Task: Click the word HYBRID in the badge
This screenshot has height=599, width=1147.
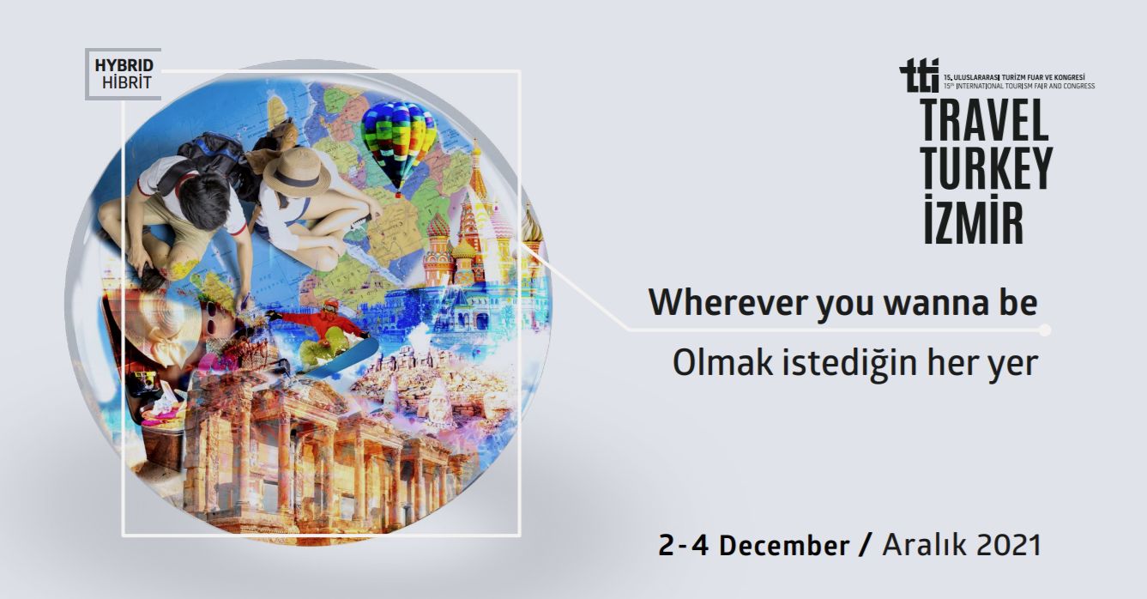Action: [x=124, y=65]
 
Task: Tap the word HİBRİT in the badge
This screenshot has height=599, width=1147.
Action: [x=126, y=82]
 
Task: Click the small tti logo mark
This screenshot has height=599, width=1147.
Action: [x=919, y=76]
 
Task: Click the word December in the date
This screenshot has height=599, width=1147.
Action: [x=784, y=545]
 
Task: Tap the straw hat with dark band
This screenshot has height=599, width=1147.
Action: [x=297, y=172]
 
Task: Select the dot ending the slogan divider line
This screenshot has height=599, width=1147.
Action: [x=1044, y=330]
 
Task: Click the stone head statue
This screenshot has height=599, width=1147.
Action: [x=437, y=406]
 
